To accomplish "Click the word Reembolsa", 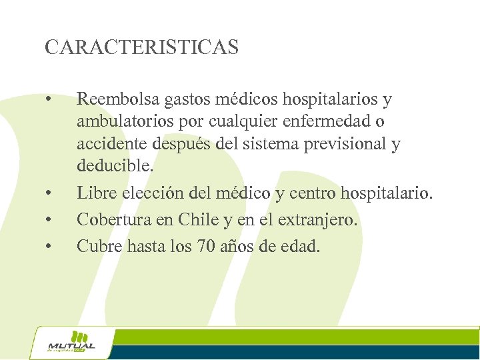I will tap(117, 100).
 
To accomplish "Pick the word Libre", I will tap(94, 193).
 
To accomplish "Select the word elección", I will tap(147, 193).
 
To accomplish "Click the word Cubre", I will tap(96, 246).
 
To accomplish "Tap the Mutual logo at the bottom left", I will tap(71, 342).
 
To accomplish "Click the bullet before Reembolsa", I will tap(48, 101).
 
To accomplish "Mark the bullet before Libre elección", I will tap(48, 194).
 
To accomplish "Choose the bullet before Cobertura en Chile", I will tap(48, 220).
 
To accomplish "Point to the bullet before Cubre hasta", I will tap(48, 247).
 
